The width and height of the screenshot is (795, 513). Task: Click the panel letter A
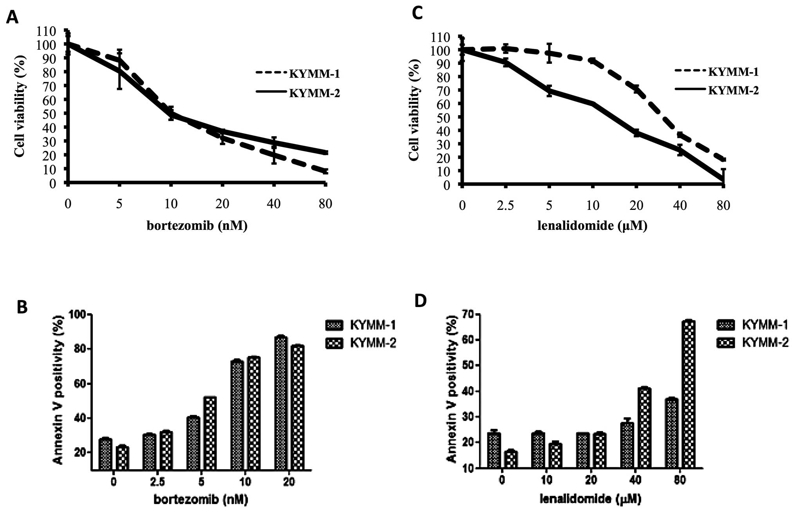(12, 17)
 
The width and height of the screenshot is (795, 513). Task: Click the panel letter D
(421, 301)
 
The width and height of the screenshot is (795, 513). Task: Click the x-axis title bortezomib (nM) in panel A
(197, 226)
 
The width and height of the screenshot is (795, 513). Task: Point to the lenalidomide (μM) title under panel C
(592, 226)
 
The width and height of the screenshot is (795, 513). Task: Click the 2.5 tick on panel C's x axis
(505, 205)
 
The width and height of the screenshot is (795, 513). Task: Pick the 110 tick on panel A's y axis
(47, 31)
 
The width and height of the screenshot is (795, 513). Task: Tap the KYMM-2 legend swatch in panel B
(334, 343)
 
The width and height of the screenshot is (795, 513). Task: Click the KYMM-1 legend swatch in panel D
(726, 325)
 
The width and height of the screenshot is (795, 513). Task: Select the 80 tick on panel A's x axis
(325, 204)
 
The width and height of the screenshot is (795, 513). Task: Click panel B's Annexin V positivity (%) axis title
(58, 390)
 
